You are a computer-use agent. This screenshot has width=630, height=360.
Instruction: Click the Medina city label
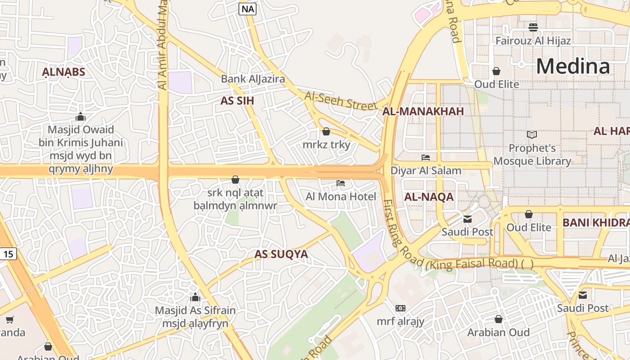pos(573,66)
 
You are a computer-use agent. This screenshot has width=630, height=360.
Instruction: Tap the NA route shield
pos(247,9)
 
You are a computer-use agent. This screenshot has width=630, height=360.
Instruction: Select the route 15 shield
pos(8,254)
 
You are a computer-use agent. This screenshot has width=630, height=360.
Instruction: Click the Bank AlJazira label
pos(253,79)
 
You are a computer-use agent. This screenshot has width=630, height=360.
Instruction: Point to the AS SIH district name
pos(237,101)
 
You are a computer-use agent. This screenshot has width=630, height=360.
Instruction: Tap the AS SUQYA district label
pos(281,254)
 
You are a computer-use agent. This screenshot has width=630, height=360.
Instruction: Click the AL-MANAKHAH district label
pos(423,112)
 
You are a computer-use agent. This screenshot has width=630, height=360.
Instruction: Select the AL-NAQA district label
pos(429,197)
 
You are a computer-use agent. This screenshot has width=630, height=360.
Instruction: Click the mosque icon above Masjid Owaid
pos(81,117)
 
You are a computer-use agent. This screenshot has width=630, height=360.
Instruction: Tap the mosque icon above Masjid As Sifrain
pos(195,297)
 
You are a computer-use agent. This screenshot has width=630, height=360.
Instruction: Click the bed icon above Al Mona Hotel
pos(341,183)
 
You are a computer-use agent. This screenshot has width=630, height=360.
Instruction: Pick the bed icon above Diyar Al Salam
pos(426,157)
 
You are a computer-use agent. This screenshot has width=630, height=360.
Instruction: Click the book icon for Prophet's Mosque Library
pos(532,135)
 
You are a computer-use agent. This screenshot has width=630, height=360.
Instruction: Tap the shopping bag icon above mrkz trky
pos(326,131)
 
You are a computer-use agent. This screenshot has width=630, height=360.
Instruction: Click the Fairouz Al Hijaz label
pos(533,41)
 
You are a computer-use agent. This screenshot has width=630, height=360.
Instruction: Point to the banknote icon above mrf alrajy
pos(400,308)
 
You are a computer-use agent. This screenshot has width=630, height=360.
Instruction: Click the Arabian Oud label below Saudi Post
pos(498,333)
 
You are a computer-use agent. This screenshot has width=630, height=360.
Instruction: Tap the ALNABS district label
pos(63,72)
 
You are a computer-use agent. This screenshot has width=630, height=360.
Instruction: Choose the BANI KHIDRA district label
pos(595,222)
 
